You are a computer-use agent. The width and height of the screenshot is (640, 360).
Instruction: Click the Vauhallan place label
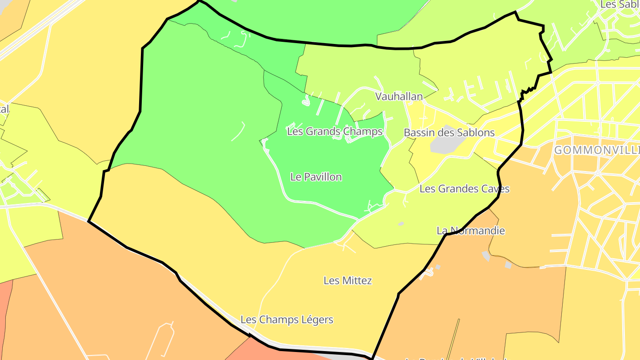[399, 96]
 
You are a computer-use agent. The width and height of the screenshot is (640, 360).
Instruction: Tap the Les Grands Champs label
[335, 131]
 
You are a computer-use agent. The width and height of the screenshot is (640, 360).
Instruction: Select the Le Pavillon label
[316, 177]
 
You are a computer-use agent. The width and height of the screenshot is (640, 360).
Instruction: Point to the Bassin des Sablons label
[449, 132]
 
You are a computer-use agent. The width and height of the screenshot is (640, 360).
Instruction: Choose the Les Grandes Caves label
[464, 189]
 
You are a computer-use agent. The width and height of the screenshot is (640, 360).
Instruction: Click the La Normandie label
[471, 231]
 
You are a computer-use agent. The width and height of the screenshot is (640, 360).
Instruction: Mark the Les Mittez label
[348, 280]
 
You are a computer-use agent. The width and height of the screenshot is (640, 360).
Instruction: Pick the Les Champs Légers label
[287, 320]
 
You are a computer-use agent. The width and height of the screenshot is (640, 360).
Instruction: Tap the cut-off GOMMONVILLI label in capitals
[596, 150]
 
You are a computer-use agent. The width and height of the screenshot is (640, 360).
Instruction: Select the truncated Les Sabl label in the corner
[620, 4]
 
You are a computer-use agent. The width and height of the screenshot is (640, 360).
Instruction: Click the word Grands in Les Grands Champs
[321, 131]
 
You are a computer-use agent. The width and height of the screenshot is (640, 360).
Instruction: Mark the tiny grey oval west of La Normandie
[401, 224]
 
